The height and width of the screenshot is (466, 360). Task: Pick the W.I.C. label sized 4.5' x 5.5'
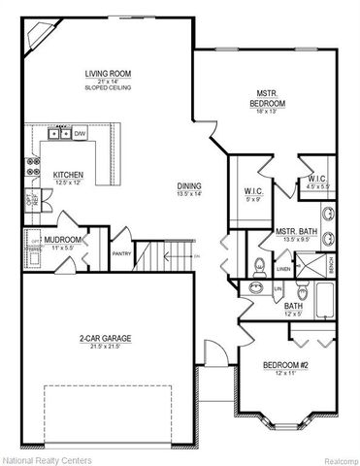pos(318,179)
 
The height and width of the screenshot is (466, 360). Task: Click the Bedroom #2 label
pos(286,365)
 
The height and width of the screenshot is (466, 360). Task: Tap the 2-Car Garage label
pos(108,339)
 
